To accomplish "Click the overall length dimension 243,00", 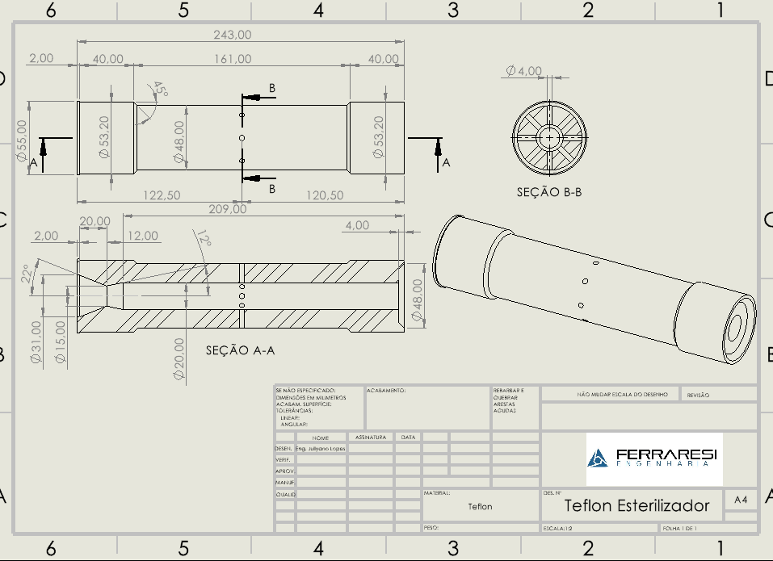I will [232, 35].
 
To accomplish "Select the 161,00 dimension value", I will [232, 59].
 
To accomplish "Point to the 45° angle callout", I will [160, 89].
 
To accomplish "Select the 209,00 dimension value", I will [228, 209].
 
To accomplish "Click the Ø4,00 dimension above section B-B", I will [524, 71].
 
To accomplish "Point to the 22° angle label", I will [27, 274].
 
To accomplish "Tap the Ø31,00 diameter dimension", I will [36, 342].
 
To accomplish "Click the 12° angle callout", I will [204, 238].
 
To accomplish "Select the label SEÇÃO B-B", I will [549, 192].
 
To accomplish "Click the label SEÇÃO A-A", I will [240, 350].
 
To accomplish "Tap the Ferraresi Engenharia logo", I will [652, 458].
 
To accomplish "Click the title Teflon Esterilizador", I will [636, 506].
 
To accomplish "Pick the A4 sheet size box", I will [741, 500].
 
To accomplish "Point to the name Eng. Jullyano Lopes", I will [321, 447].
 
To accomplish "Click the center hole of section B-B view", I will [550, 137].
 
